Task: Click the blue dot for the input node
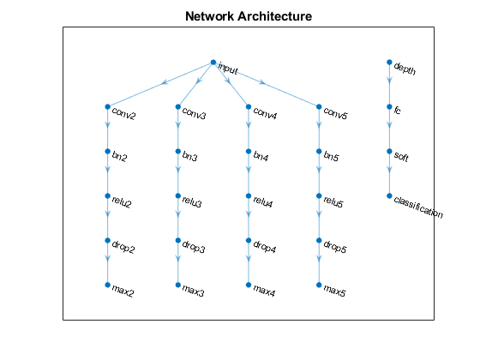[213, 62]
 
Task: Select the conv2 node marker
[107, 106]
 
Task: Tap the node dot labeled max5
[319, 285]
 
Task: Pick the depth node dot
[389, 62]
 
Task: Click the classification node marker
[389, 195]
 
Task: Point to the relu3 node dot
[178, 195]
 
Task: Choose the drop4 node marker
[249, 240]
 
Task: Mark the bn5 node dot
[319, 151]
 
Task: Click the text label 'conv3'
[194, 113]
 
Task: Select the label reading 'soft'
[401, 156]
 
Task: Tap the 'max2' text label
[123, 291]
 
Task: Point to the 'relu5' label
[333, 202]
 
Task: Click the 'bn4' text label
[261, 156]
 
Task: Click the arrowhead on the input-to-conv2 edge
[165, 82]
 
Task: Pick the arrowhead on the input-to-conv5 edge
[261, 82]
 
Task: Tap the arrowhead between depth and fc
[389, 81]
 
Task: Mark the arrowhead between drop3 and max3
[178, 259]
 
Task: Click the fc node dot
[389, 106]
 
